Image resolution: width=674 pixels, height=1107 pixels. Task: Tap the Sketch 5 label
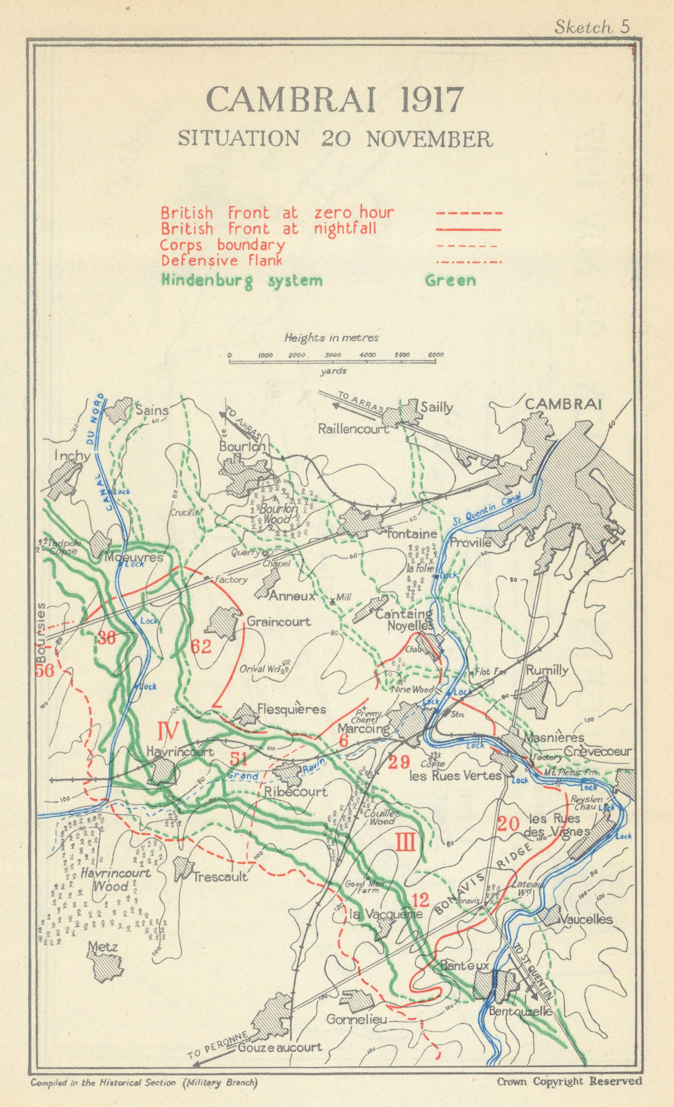point(592,27)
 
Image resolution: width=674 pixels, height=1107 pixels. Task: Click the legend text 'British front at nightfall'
point(268,228)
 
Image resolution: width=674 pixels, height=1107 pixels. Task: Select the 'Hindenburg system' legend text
point(242,280)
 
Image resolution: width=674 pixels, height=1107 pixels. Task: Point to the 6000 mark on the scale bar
point(435,355)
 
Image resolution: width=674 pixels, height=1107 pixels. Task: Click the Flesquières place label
point(291,709)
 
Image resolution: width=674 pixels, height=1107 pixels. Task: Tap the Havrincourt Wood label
point(115,879)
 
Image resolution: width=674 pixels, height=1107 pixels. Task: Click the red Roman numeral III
point(406,843)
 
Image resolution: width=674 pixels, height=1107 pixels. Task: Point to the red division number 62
point(201,647)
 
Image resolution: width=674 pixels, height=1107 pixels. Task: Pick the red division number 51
point(239,758)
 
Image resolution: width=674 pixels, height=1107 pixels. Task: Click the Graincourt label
point(279,621)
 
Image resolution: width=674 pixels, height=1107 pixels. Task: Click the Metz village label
point(102,946)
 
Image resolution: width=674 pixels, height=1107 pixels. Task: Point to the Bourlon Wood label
point(275,513)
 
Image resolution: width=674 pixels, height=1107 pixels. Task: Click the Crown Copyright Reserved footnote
point(569,1081)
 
